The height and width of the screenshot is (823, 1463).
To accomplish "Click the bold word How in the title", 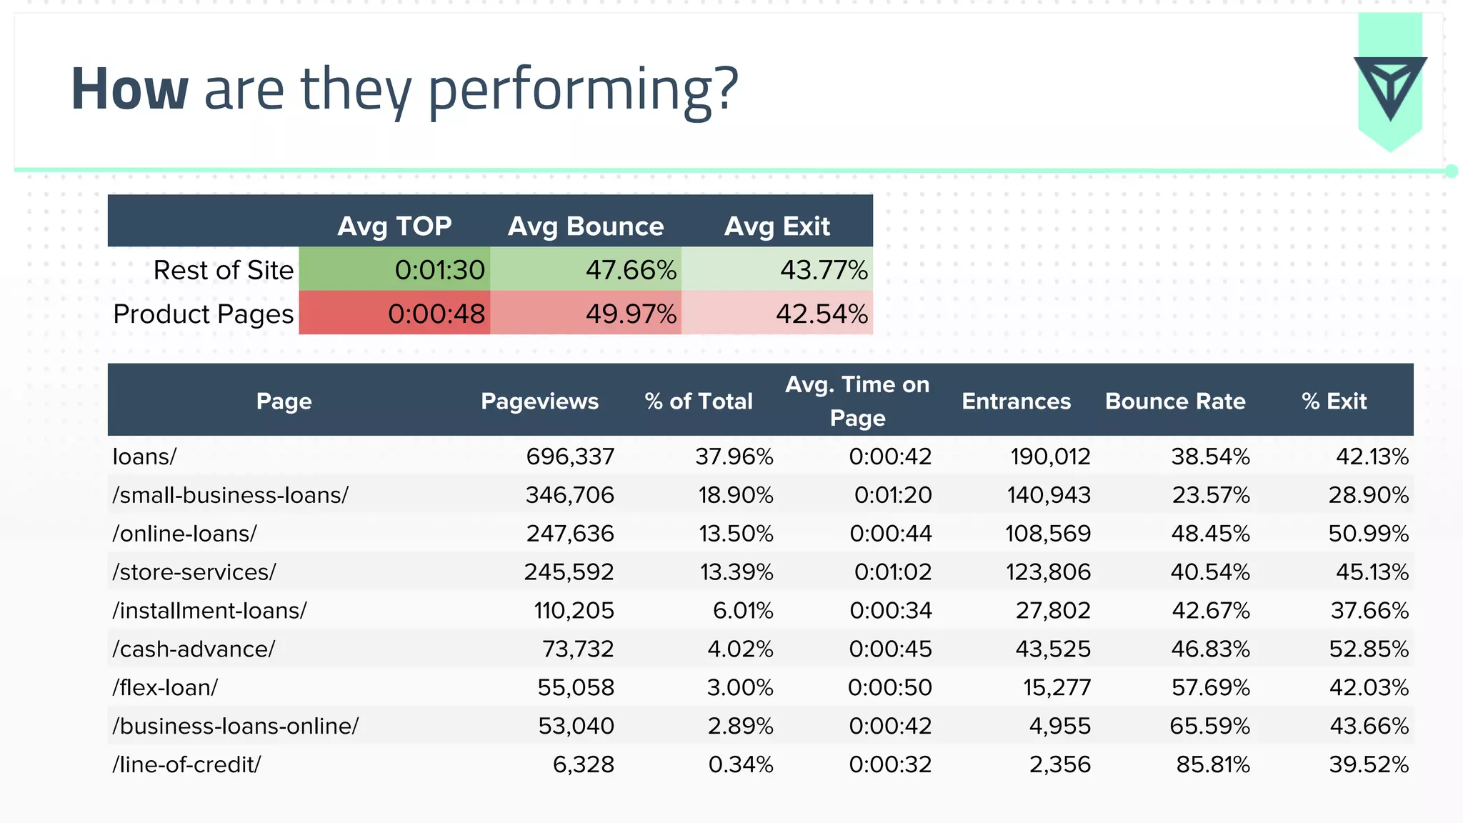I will [130, 89].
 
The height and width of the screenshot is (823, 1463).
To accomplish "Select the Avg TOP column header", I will [394, 226].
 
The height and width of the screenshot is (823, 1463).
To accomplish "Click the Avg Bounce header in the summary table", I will [586, 226].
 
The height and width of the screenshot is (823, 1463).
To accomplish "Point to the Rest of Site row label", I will [223, 270].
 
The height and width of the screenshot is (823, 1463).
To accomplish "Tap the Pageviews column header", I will [539, 401].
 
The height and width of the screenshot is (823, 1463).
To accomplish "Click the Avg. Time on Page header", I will [857, 401].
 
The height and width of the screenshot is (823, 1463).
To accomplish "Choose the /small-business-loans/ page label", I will [230, 495].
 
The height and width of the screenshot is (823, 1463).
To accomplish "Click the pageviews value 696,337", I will [570, 457].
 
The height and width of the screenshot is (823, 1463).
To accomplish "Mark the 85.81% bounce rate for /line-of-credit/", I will [1213, 764].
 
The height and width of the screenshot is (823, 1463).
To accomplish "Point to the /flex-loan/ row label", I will [165, 687].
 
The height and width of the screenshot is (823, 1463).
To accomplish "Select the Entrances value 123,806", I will [1048, 572].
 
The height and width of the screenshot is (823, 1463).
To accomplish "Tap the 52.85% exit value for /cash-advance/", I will [1369, 649].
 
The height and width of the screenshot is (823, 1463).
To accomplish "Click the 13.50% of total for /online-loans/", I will [736, 534].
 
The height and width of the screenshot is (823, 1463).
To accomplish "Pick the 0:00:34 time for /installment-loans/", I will [890, 611].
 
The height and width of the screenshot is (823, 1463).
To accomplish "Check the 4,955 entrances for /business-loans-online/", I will [1060, 726].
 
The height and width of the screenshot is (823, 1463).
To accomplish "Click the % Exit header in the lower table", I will [1334, 401].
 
